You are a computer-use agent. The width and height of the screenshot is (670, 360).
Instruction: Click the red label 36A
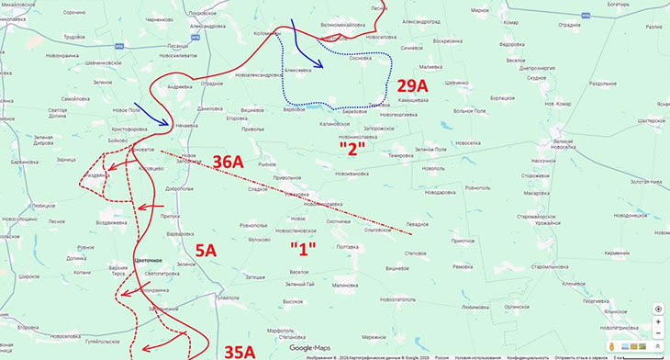(x=229, y=163)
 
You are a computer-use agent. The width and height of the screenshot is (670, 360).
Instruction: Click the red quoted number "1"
(x=303, y=249)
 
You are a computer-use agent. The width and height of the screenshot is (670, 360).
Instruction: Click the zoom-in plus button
(x=658, y=323)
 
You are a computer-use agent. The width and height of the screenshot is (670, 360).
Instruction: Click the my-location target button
(x=658, y=309)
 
